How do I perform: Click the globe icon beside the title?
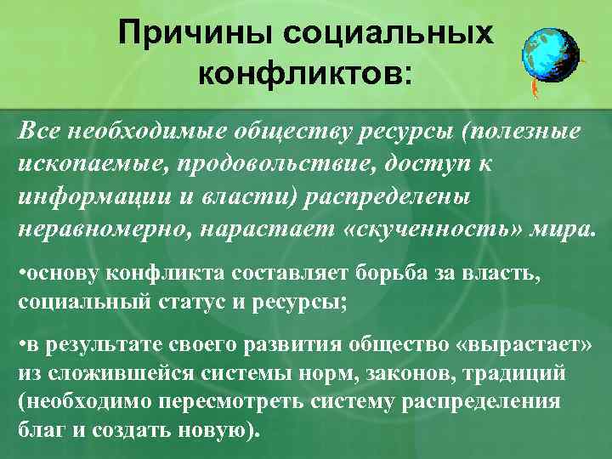pyautogui.click(x=550, y=50)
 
